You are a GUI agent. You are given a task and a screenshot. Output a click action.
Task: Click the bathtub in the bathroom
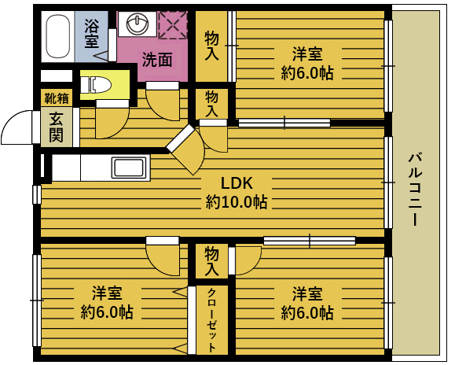click(x=58, y=36)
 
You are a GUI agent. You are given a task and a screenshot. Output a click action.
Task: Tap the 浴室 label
click(x=92, y=34)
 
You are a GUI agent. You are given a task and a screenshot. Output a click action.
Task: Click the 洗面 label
click(x=157, y=60)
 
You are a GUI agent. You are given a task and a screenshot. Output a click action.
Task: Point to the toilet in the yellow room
click(x=96, y=85)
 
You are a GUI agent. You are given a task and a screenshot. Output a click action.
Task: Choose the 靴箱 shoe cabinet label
click(x=57, y=98)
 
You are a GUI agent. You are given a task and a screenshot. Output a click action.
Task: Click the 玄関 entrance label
click(x=56, y=127)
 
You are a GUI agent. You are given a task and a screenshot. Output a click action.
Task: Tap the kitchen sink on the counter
click(x=129, y=168)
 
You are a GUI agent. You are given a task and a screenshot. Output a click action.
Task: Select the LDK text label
click(x=237, y=183)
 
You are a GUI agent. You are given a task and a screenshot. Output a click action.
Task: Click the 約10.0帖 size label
click(x=237, y=202)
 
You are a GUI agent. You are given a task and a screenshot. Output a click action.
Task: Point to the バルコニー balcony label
click(x=415, y=190)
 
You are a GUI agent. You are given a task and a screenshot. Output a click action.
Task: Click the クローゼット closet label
click(x=211, y=319)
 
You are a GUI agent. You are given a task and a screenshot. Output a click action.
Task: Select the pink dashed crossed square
click(x=173, y=25)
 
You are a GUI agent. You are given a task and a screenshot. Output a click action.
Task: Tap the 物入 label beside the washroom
click(x=211, y=46)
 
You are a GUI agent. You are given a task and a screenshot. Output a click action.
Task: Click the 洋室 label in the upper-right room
click(x=307, y=54)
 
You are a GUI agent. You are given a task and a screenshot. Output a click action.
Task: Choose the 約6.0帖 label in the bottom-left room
click(x=107, y=312)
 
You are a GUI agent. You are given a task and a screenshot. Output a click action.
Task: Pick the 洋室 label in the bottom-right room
click(x=307, y=293)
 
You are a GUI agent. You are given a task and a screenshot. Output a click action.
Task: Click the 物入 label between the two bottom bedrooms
click(x=211, y=260)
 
